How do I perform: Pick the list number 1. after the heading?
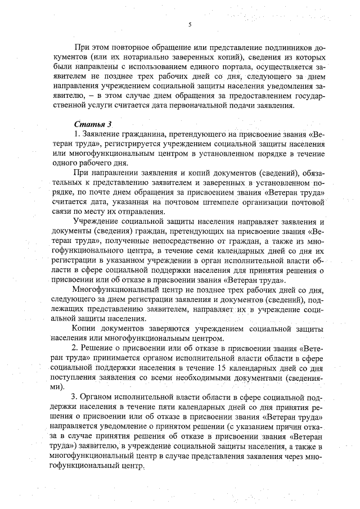77,135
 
